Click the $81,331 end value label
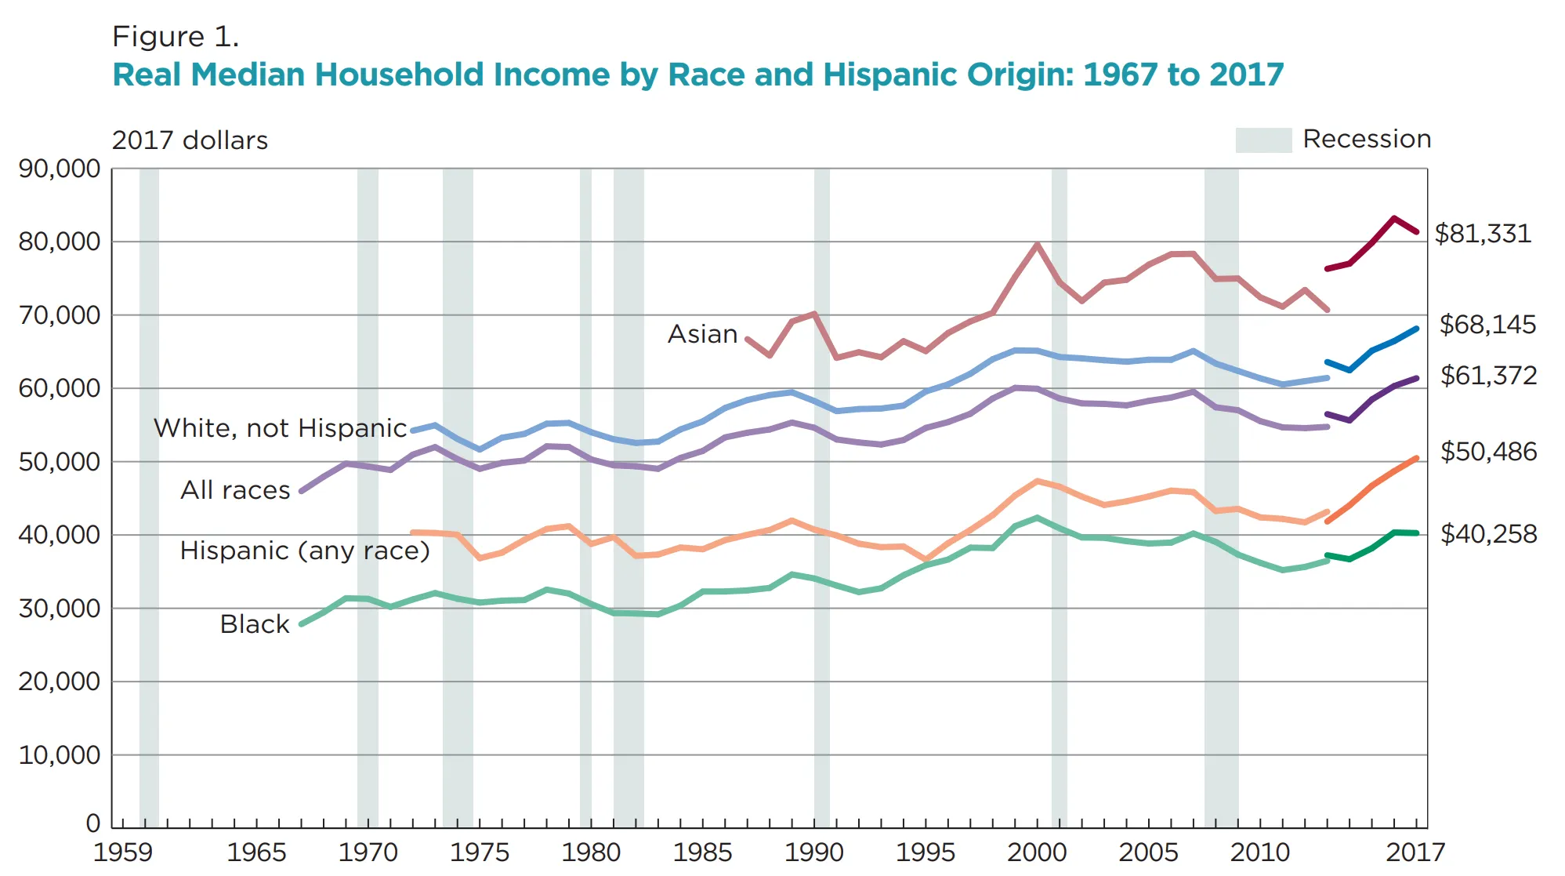pyautogui.click(x=1482, y=234)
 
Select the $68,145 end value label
pyautogui.click(x=1487, y=325)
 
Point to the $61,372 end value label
pyautogui.click(x=1488, y=376)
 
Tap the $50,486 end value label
pyautogui.click(x=1488, y=452)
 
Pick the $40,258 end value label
pyautogui.click(x=1488, y=534)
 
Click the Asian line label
pyautogui.click(x=702, y=334)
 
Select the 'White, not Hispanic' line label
pyautogui.click(x=280, y=428)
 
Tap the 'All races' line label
pyautogui.click(x=235, y=490)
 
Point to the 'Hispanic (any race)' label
pyautogui.click(x=305, y=551)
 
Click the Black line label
pyautogui.click(x=255, y=624)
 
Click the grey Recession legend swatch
pyautogui.click(x=1263, y=140)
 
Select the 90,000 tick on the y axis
pyautogui.click(x=60, y=169)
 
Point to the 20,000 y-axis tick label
pyautogui.click(x=60, y=682)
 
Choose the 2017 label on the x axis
pyautogui.click(x=1415, y=852)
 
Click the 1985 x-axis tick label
pyautogui.click(x=703, y=852)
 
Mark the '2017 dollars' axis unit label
pyautogui.click(x=190, y=140)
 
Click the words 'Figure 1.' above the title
pyautogui.click(x=176, y=37)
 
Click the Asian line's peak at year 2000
pyautogui.click(x=1037, y=245)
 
